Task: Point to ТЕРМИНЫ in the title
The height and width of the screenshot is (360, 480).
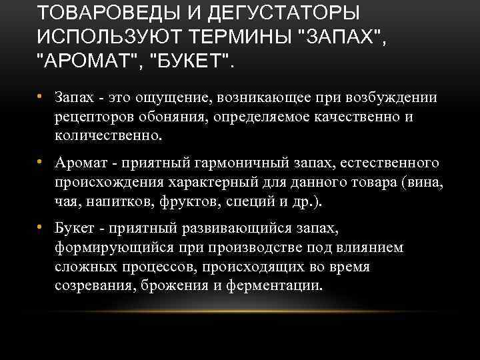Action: [x=245, y=37]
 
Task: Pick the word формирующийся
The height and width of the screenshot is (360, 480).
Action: [x=113, y=248]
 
